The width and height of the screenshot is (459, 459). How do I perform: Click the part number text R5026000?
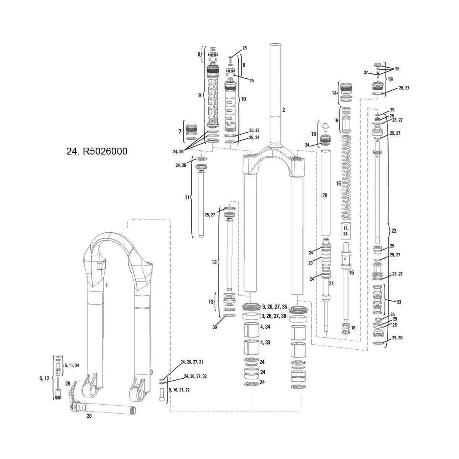(x=102, y=151)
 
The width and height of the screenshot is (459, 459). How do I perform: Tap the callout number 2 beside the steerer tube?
(x=283, y=110)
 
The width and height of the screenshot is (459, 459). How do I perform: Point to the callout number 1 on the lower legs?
(x=107, y=285)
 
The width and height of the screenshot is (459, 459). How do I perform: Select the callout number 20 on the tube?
(x=325, y=195)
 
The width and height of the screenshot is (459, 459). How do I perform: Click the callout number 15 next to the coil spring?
(x=338, y=184)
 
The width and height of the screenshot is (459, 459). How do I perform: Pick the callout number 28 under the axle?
(x=89, y=416)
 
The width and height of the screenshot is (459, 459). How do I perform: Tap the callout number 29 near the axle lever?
(x=68, y=383)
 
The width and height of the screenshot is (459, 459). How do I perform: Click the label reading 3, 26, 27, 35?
(x=274, y=307)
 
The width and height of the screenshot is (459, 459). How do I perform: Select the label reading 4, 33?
(x=265, y=342)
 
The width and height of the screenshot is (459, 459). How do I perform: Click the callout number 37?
(x=366, y=73)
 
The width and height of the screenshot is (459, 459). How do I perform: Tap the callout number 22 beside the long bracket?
(x=394, y=231)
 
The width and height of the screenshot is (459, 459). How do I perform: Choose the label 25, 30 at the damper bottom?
(x=397, y=338)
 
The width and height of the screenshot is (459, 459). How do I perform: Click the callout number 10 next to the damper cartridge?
(x=243, y=99)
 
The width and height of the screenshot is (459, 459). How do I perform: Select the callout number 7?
(x=180, y=131)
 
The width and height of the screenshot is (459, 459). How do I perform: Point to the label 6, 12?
(x=44, y=378)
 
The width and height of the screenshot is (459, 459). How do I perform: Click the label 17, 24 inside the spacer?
(x=345, y=231)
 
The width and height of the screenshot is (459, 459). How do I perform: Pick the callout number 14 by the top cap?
(x=334, y=93)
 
